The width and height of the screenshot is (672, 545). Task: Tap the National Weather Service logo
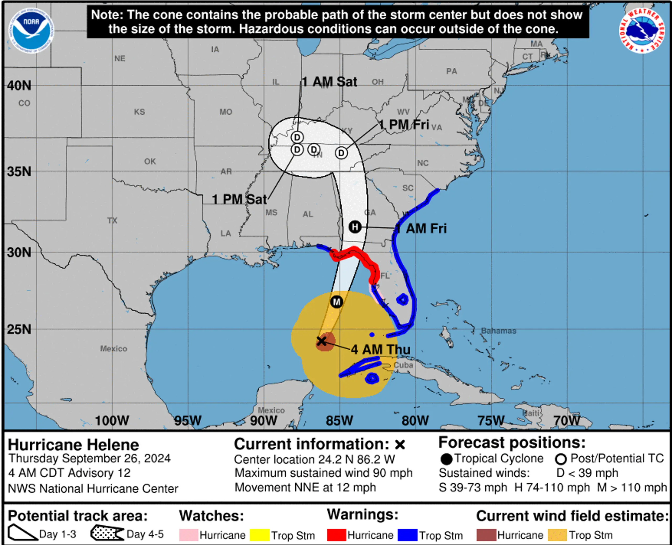point(642,30)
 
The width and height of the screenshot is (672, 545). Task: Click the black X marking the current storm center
point(321,341)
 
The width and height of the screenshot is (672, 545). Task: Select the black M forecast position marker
point(337,302)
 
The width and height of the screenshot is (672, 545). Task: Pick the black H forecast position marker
point(355,227)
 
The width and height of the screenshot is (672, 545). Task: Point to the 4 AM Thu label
point(380,349)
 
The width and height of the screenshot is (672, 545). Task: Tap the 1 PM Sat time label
point(239,199)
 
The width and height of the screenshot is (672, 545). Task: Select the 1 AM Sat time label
point(329,82)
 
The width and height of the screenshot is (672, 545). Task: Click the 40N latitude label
point(19,86)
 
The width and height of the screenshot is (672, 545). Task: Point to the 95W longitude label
point(188,421)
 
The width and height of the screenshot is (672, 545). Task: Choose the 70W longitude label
point(567,421)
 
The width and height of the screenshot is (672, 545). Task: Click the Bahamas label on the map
point(498,331)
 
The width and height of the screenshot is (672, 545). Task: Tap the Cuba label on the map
point(403,365)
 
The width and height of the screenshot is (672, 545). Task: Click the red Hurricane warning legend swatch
point(337,535)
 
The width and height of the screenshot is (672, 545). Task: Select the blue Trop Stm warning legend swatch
point(407,535)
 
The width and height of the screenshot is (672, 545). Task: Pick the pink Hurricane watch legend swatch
point(188,535)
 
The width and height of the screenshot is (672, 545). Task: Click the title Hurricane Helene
point(73,445)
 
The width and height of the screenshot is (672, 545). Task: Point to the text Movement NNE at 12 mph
point(305,488)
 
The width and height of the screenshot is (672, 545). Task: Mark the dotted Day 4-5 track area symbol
point(107,533)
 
